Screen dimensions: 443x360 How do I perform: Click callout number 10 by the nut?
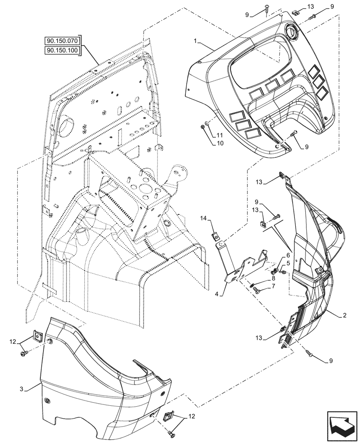[220, 144]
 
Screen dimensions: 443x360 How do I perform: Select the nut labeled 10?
[203, 127]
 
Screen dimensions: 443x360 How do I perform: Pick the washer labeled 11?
[207, 123]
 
